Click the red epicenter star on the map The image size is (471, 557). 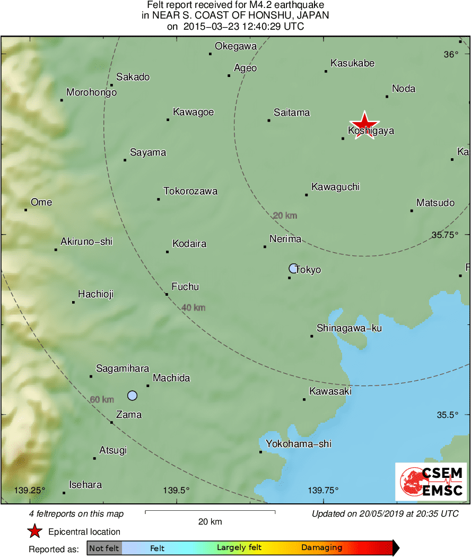coord(365,125)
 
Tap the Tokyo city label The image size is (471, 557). coord(308,270)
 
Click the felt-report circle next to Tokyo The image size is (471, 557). coord(293,268)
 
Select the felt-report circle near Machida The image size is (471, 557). coord(133,395)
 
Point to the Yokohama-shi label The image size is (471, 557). coord(299,444)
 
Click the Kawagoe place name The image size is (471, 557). coord(193,112)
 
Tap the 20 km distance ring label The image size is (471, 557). coord(285,216)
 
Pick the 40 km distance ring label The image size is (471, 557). coord(193,307)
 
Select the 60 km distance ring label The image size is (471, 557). coord(102,399)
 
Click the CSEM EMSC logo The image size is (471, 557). coord(431,482)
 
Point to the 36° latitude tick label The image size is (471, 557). coord(451,54)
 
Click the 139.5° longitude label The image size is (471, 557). coord(176,490)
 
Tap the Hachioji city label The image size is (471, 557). coord(95,294)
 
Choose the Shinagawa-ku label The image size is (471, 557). coord(349,328)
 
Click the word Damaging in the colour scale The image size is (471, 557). coord(321,548)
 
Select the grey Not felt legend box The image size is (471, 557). coord(104,548)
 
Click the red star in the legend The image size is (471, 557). coord(34,531)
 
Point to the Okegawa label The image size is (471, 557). coord(236,46)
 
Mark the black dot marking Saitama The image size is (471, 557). coord(269,121)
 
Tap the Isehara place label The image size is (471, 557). coord(85,485)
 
